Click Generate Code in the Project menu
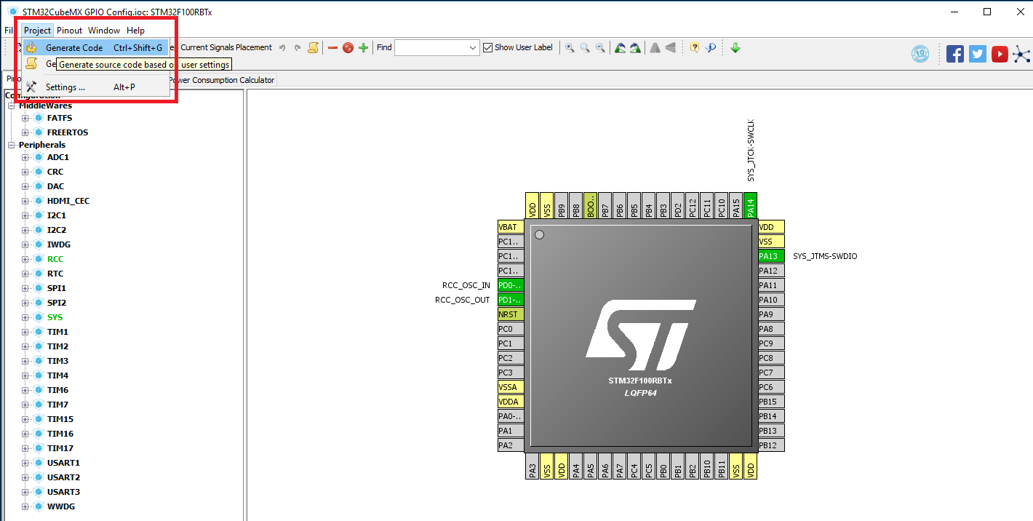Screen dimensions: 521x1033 (x=73, y=48)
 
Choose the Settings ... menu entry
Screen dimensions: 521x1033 (x=65, y=87)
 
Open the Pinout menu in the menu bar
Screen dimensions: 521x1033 (x=69, y=31)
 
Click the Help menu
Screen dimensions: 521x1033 (x=135, y=31)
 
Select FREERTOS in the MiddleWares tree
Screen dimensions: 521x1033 (x=68, y=132)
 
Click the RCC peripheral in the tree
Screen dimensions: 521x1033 (x=55, y=259)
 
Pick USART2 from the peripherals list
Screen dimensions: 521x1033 (x=63, y=477)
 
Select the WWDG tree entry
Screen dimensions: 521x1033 (x=61, y=506)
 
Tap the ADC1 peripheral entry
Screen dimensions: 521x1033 (x=58, y=157)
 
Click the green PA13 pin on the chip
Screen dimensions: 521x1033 (x=770, y=256)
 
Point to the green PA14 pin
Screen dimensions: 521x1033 (x=751, y=206)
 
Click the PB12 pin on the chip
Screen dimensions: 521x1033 (x=770, y=445)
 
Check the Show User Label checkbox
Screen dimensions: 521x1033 (x=488, y=48)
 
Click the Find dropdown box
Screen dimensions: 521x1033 (x=436, y=48)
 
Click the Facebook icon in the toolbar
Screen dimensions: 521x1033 (x=955, y=54)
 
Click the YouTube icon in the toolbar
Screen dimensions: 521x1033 (x=1000, y=54)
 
